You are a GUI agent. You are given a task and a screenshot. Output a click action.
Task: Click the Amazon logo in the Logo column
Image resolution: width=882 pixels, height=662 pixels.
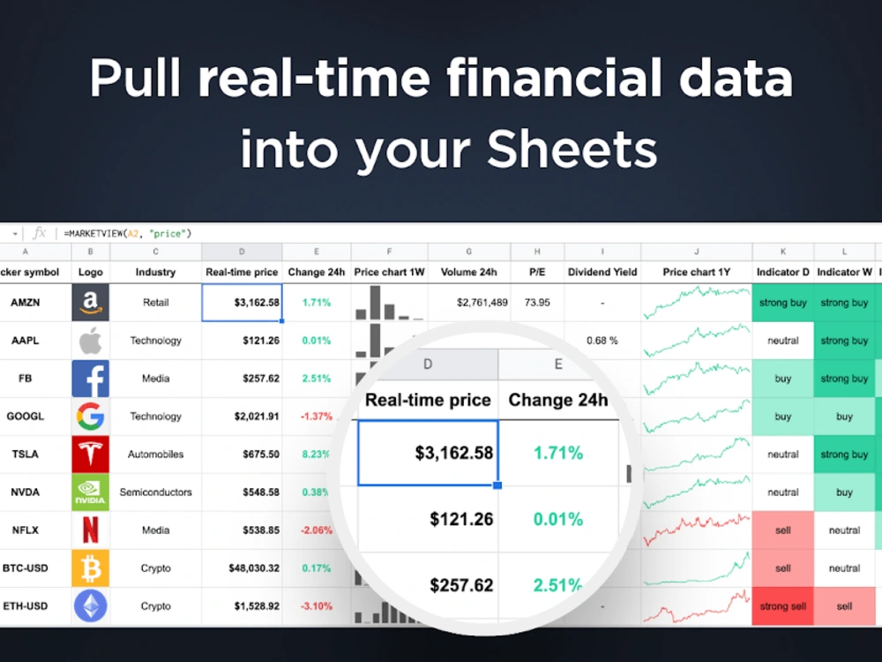90,303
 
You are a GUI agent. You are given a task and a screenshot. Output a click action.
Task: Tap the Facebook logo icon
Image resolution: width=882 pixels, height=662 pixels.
90,379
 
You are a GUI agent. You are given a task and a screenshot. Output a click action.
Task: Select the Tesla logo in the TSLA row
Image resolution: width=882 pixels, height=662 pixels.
90,455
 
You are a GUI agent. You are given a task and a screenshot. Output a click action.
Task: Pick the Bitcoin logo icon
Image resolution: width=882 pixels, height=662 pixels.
90,568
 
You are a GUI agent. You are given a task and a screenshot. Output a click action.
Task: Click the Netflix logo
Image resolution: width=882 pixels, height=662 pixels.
90,530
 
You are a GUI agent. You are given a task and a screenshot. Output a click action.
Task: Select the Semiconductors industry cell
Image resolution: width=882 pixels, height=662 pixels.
155,493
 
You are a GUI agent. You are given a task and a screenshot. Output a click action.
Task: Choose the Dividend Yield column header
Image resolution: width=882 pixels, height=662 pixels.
602,273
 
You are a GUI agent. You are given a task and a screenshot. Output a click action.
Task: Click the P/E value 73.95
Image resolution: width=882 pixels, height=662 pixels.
537,303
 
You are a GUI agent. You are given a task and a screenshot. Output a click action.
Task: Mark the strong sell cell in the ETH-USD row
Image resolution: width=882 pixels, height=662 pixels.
782,606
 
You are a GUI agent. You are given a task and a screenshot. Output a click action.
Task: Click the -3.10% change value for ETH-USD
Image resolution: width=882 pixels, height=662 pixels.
316,606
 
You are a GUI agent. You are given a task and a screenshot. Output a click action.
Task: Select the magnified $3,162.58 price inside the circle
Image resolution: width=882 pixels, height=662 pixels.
453,453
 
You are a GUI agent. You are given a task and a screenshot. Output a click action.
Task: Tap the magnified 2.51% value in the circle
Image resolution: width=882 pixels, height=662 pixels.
557,585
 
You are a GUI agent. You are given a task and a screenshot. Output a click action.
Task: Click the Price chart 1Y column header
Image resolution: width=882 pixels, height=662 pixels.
696,273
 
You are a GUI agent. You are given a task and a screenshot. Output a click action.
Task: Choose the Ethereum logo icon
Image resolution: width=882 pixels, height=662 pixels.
90,606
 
